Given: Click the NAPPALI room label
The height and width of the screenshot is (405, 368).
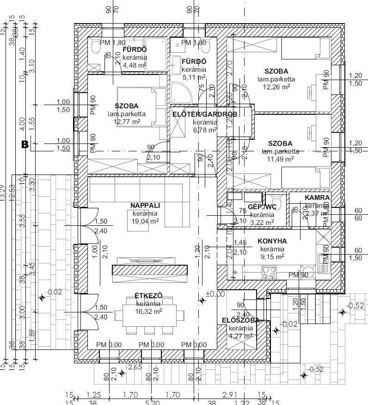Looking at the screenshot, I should coord(145,206).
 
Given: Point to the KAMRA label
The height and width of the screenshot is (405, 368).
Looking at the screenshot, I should coord(317,198).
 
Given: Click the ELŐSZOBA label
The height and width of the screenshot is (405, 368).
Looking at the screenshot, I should coord(240,320).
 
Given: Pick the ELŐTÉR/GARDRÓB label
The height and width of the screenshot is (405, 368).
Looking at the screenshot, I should coord(205,114).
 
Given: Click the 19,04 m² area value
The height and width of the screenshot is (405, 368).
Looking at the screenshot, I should coord(145,221).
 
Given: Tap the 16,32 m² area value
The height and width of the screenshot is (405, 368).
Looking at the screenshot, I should coord(148,312).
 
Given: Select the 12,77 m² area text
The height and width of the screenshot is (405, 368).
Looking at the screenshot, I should coord(127,122).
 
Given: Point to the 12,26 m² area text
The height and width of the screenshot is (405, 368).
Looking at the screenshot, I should coord(276,87).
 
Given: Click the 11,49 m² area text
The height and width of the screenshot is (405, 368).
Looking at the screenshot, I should coord(280,159).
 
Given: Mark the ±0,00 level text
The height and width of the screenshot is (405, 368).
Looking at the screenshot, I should coord(215,293).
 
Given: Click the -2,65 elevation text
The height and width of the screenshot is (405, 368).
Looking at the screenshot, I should coord(135,368).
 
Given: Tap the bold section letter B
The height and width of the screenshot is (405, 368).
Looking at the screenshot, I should coord(25,145).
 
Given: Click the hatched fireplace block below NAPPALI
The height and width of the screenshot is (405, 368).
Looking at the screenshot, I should coord(150,270).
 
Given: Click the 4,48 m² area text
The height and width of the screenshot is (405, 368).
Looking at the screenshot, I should coord(134,65).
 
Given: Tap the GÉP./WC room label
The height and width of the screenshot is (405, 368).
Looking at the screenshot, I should coord(262,207).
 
